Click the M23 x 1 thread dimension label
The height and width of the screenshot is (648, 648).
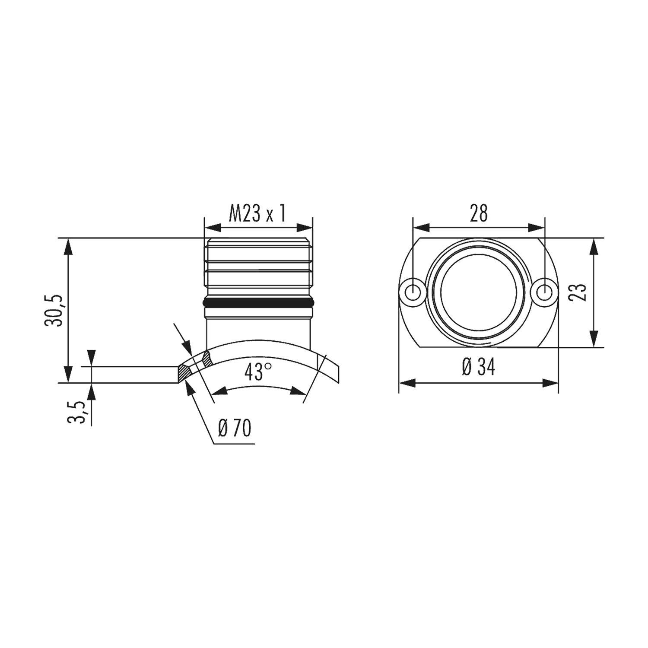tap(257, 213)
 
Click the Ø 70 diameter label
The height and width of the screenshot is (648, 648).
tap(235, 429)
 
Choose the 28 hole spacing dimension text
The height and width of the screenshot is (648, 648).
tap(479, 213)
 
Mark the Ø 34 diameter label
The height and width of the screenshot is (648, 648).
tap(478, 368)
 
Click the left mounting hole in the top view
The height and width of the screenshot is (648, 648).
tap(413, 292)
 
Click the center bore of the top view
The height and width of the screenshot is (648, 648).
tap(479, 292)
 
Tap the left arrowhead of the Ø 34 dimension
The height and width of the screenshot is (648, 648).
tap(406, 382)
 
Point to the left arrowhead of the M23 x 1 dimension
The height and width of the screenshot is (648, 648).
tap(212, 227)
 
